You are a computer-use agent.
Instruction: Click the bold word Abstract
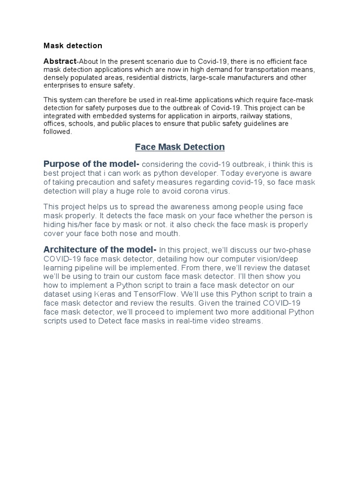[60, 61]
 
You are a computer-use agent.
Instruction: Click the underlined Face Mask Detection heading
[180, 147]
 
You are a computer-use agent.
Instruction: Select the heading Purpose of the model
[90, 164]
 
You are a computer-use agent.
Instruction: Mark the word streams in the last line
[249, 322]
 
